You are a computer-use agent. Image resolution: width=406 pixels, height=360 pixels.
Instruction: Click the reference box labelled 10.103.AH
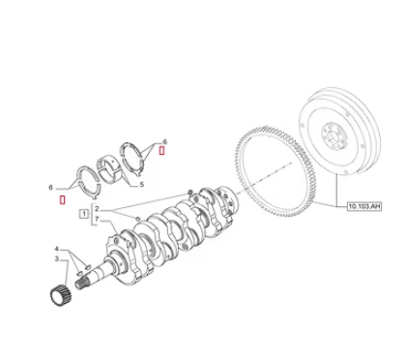click(364, 206)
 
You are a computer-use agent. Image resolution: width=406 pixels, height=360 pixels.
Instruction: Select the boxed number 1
click(84, 214)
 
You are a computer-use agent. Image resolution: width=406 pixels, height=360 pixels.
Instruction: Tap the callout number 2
click(97, 209)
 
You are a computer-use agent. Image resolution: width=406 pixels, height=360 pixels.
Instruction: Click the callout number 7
click(97, 220)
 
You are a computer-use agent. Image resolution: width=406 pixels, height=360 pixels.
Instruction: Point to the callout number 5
click(141, 185)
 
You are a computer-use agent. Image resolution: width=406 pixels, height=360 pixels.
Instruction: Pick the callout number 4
click(57, 249)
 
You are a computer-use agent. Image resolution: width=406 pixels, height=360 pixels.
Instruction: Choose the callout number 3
click(57, 259)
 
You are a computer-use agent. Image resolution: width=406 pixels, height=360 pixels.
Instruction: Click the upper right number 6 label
click(165, 141)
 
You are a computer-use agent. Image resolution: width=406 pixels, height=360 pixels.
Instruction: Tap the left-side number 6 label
click(50, 188)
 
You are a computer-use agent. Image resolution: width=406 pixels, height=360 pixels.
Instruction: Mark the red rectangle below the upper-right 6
click(161, 150)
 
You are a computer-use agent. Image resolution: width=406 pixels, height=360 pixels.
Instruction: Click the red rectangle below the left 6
click(63, 200)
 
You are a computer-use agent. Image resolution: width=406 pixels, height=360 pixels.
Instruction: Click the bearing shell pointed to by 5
click(109, 166)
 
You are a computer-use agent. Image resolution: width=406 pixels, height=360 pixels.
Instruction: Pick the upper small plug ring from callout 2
click(190, 193)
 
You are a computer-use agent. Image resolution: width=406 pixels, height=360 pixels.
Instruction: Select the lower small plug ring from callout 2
click(137, 219)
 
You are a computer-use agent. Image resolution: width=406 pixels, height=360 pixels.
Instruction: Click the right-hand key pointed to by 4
click(88, 267)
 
